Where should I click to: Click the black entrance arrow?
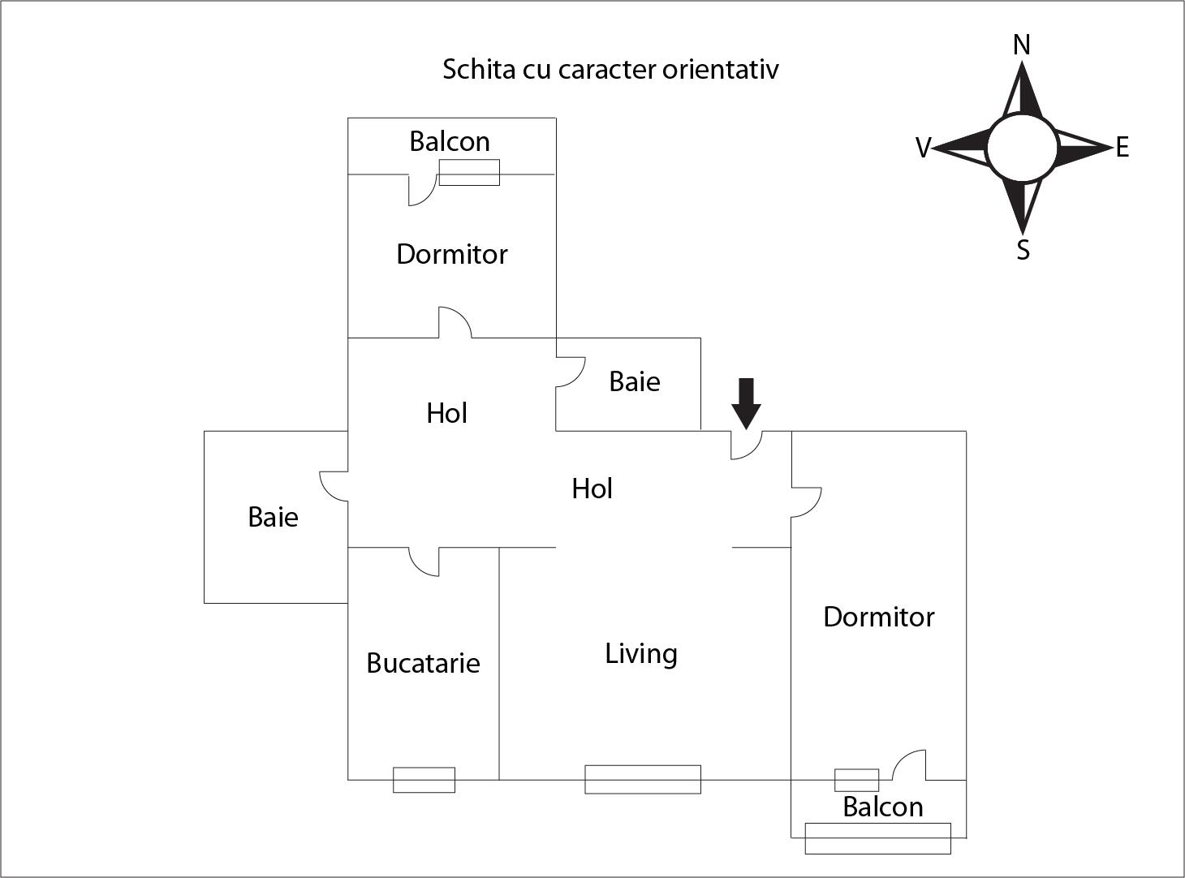(x=746, y=403)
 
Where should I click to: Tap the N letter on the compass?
(x=1022, y=45)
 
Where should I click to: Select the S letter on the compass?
(x=1023, y=250)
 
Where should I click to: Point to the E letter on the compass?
(x=1123, y=147)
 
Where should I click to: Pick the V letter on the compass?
(x=923, y=148)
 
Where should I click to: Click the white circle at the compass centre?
(x=1022, y=148)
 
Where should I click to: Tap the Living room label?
(x=641, y=654)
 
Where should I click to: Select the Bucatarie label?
(x=423, y=663)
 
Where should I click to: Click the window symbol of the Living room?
(x=643, y=779)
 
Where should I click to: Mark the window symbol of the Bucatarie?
(x=424, y=780)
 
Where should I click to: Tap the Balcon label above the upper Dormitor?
(x=450, y=142)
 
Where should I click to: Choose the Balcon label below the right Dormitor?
(x=883, y=807)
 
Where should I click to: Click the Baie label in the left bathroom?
(x=273, y=517)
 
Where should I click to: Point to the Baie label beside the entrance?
(x=635, y=382)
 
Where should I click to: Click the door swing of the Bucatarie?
(x=424, y=562)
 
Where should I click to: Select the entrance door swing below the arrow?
(x=747, y=445)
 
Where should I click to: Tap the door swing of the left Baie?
(x=334, y=486)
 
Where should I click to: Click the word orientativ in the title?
(x=720, y=70)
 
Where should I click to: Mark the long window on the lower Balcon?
(x=878, y=838)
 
